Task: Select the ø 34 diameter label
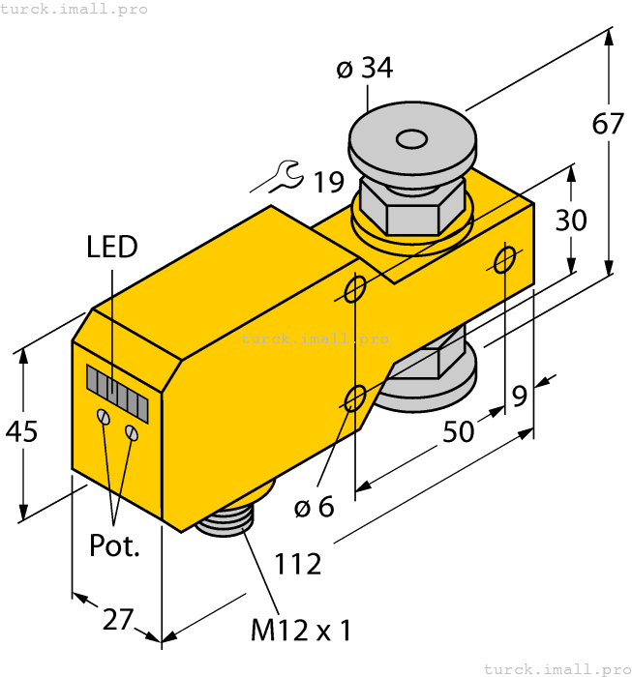pyautogui.click(x=365, y=69)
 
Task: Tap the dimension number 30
pyautogui.click(x=571, y=221)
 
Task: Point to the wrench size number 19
pyautogui.click(x=328, y=181)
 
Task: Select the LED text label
pyautogui.click(x=111, y=247)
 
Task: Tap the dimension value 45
pyautogui.click(x=19, y=431)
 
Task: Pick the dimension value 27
pyautogui.click(x=117, y=619)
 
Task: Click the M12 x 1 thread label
pyautogui.click(x=300, y=632)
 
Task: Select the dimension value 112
pyautogui.click(x=297, y=563)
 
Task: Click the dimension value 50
pyautogui.click(x=460, y=430)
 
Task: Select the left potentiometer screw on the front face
pyautogui.click(x=102, y=417)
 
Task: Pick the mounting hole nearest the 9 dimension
pyautogui.click(x=505, y=258)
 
